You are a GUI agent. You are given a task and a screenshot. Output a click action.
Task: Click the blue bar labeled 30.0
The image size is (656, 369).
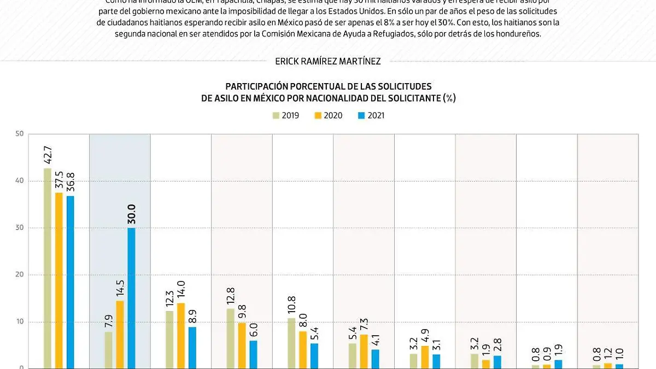[x=131, y=298]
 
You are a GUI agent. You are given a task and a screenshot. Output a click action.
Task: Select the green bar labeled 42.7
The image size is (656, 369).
[x=48, y=268]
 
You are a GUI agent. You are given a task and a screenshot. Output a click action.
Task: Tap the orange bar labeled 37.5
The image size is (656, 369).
[x=59, y=280]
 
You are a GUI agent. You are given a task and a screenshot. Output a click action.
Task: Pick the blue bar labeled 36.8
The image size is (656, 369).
[x=70, y=282]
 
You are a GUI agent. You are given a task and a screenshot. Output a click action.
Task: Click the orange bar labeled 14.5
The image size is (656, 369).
[x=120, y=334]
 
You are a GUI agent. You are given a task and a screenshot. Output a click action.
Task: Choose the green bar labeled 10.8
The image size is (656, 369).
[x=291, y=343]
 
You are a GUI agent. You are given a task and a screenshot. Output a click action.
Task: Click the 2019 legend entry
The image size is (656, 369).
[x=286, y=115]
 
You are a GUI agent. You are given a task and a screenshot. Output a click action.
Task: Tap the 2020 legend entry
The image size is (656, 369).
[x=328, y=115]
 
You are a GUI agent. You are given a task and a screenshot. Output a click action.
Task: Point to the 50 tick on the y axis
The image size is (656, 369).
[x=20, y=133]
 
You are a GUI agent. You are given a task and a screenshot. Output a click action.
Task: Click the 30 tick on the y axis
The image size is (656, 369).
[x=20, y=228]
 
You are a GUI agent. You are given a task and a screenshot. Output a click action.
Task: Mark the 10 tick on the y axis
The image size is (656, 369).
[x=20, y=322]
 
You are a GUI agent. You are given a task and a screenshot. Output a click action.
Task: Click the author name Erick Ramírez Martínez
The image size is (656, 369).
[x=328, y=62]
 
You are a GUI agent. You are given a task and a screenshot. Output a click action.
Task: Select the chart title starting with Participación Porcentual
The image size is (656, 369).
[x=328, y=92]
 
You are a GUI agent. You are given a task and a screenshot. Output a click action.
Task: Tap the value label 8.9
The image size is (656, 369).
[x=192, y=316]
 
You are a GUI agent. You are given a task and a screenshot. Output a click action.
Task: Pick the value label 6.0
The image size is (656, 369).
[x=254, y=330]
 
